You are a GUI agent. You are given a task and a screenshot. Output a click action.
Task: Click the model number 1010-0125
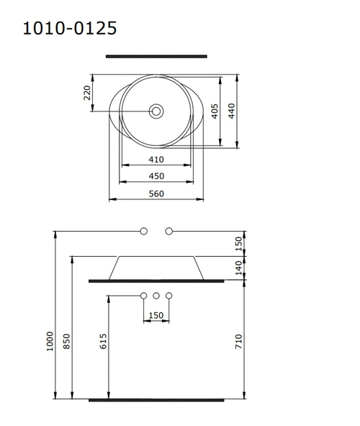click(x=70, y=28)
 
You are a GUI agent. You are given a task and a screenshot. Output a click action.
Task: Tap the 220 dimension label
click(x=88, y=93)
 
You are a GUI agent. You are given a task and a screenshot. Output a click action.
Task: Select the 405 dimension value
click(x=215, y=111)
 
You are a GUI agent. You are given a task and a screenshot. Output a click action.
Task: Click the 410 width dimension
click(x=156, y=159)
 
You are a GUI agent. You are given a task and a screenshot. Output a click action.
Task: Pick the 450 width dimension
click(x=156, y=176)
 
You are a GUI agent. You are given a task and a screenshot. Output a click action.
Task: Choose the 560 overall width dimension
click(x=156, y=194)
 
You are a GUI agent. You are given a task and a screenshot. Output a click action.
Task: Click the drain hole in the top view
click(x=156, y=112)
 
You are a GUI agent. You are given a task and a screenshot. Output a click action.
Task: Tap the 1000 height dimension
click(x=50, y=340)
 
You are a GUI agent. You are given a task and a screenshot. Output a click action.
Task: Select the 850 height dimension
click(x=66, y=340)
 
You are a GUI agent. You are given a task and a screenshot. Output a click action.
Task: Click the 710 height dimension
click(x=240, y=340)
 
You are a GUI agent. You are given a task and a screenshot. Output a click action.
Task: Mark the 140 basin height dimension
click(x=240, y=267)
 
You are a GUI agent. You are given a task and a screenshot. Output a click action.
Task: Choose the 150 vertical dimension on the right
click(x=240, y=243)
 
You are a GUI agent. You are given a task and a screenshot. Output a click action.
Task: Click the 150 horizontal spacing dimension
click(x=156, y=315)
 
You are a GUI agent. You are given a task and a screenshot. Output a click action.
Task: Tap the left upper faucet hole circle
click(x=143, y=231)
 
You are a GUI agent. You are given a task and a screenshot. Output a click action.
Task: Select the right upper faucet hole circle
click(x=169, y=231)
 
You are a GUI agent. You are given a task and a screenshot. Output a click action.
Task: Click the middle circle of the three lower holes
click(x=156, y=296)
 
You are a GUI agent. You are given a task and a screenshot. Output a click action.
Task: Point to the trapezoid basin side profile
click(x=156, y=267)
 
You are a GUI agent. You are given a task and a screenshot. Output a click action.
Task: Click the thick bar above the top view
click(x=156, y=55)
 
